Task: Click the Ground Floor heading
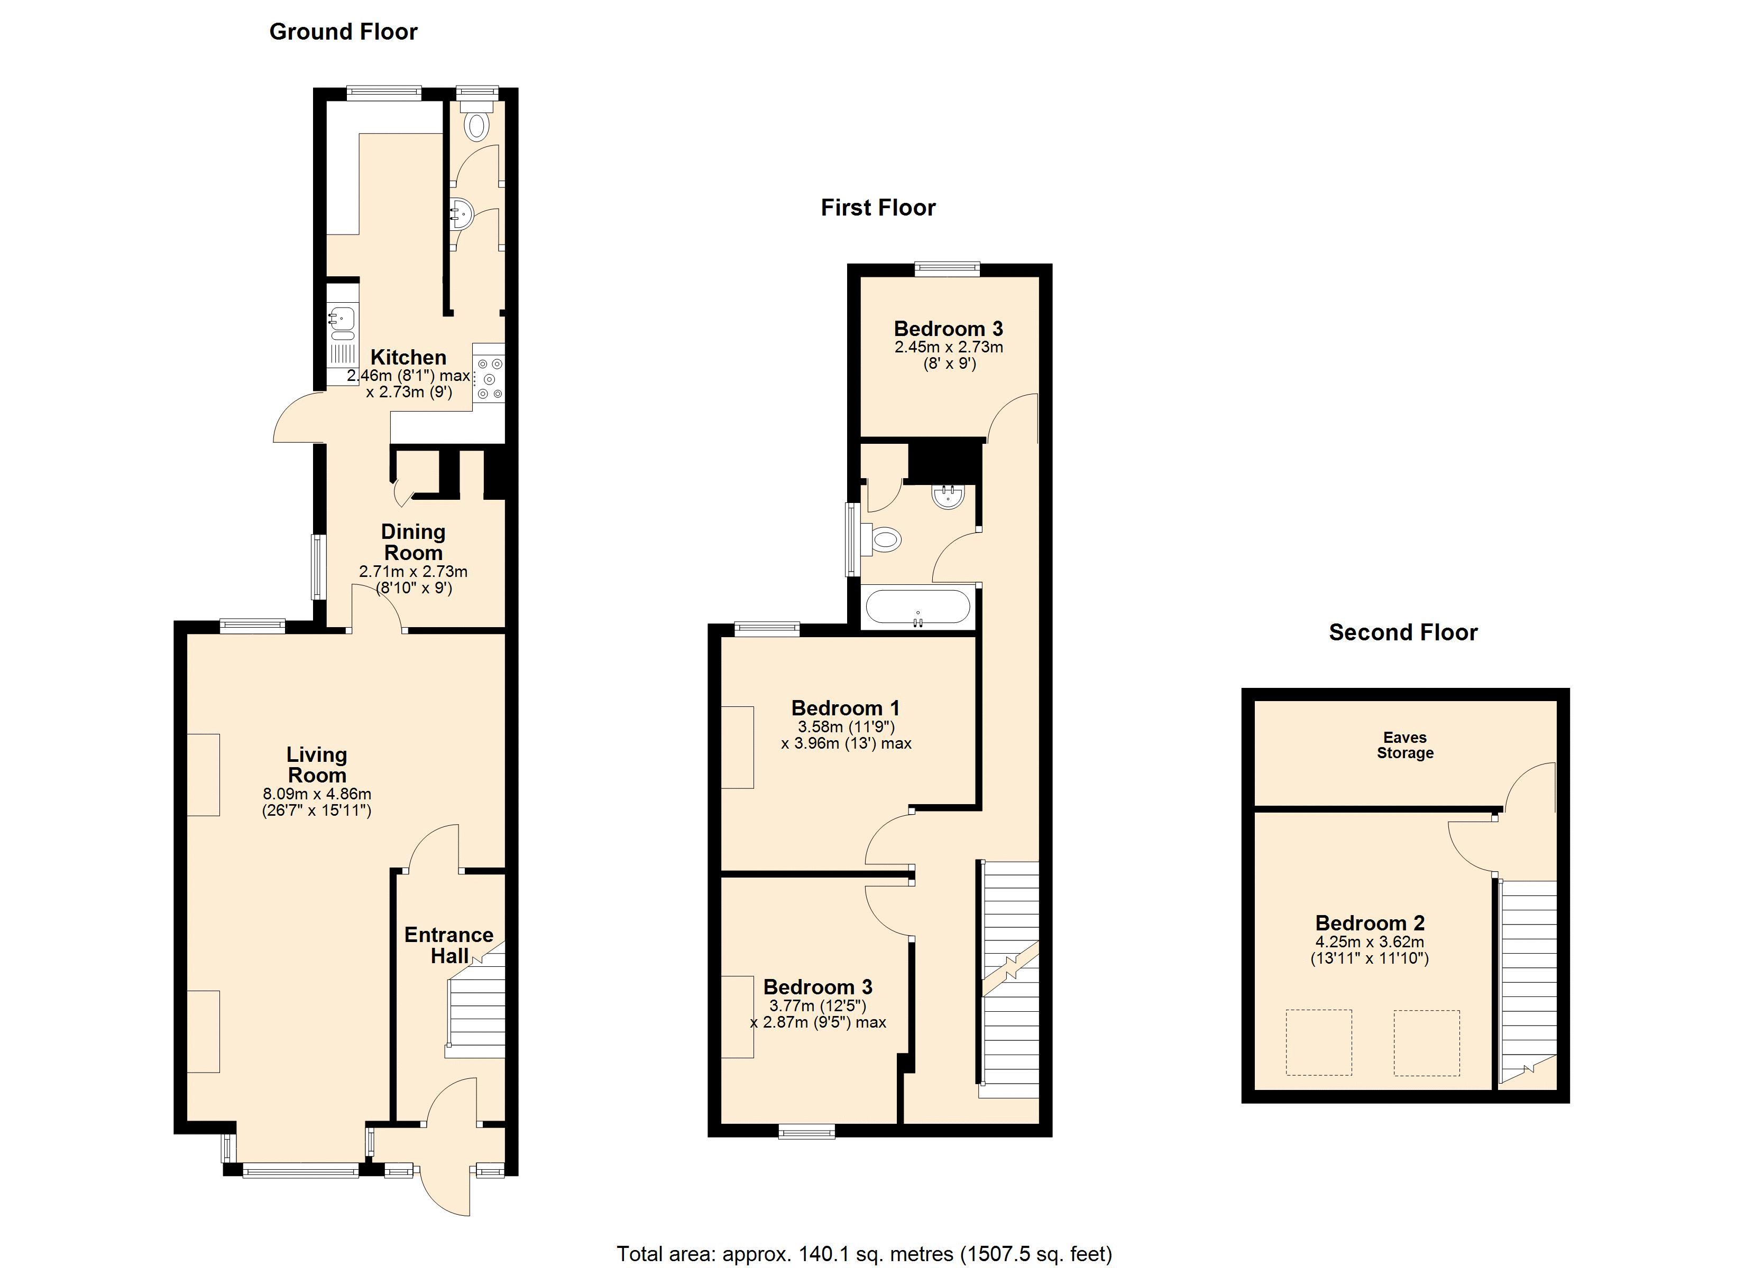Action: pyautogui.click(x=343, y=32)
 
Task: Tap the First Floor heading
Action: pyautogui.click(x=878, y=208)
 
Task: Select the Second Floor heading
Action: pyautogui.click(x=1403, y=632)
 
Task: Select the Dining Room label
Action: pyautogui.click(x=413, y=542)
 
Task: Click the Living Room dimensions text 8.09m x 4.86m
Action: pyautogui.click(x=317, y=794)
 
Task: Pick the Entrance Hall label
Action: pyautogui.click(x=449, y=945)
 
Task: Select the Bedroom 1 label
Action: pyautogui.click(x=845, y=708)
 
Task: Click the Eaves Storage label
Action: pyautogui.click(x=1405, y=745)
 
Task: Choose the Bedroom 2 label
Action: pyautogui.click(x=1370, y=923)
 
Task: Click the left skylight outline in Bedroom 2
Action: pyautogui.click(x=1319, y=1043)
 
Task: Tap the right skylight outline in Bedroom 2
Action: pyautogui.click(x=1427, y=1043)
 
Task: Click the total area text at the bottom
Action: pyautogui.click(x=864, y=1254)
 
